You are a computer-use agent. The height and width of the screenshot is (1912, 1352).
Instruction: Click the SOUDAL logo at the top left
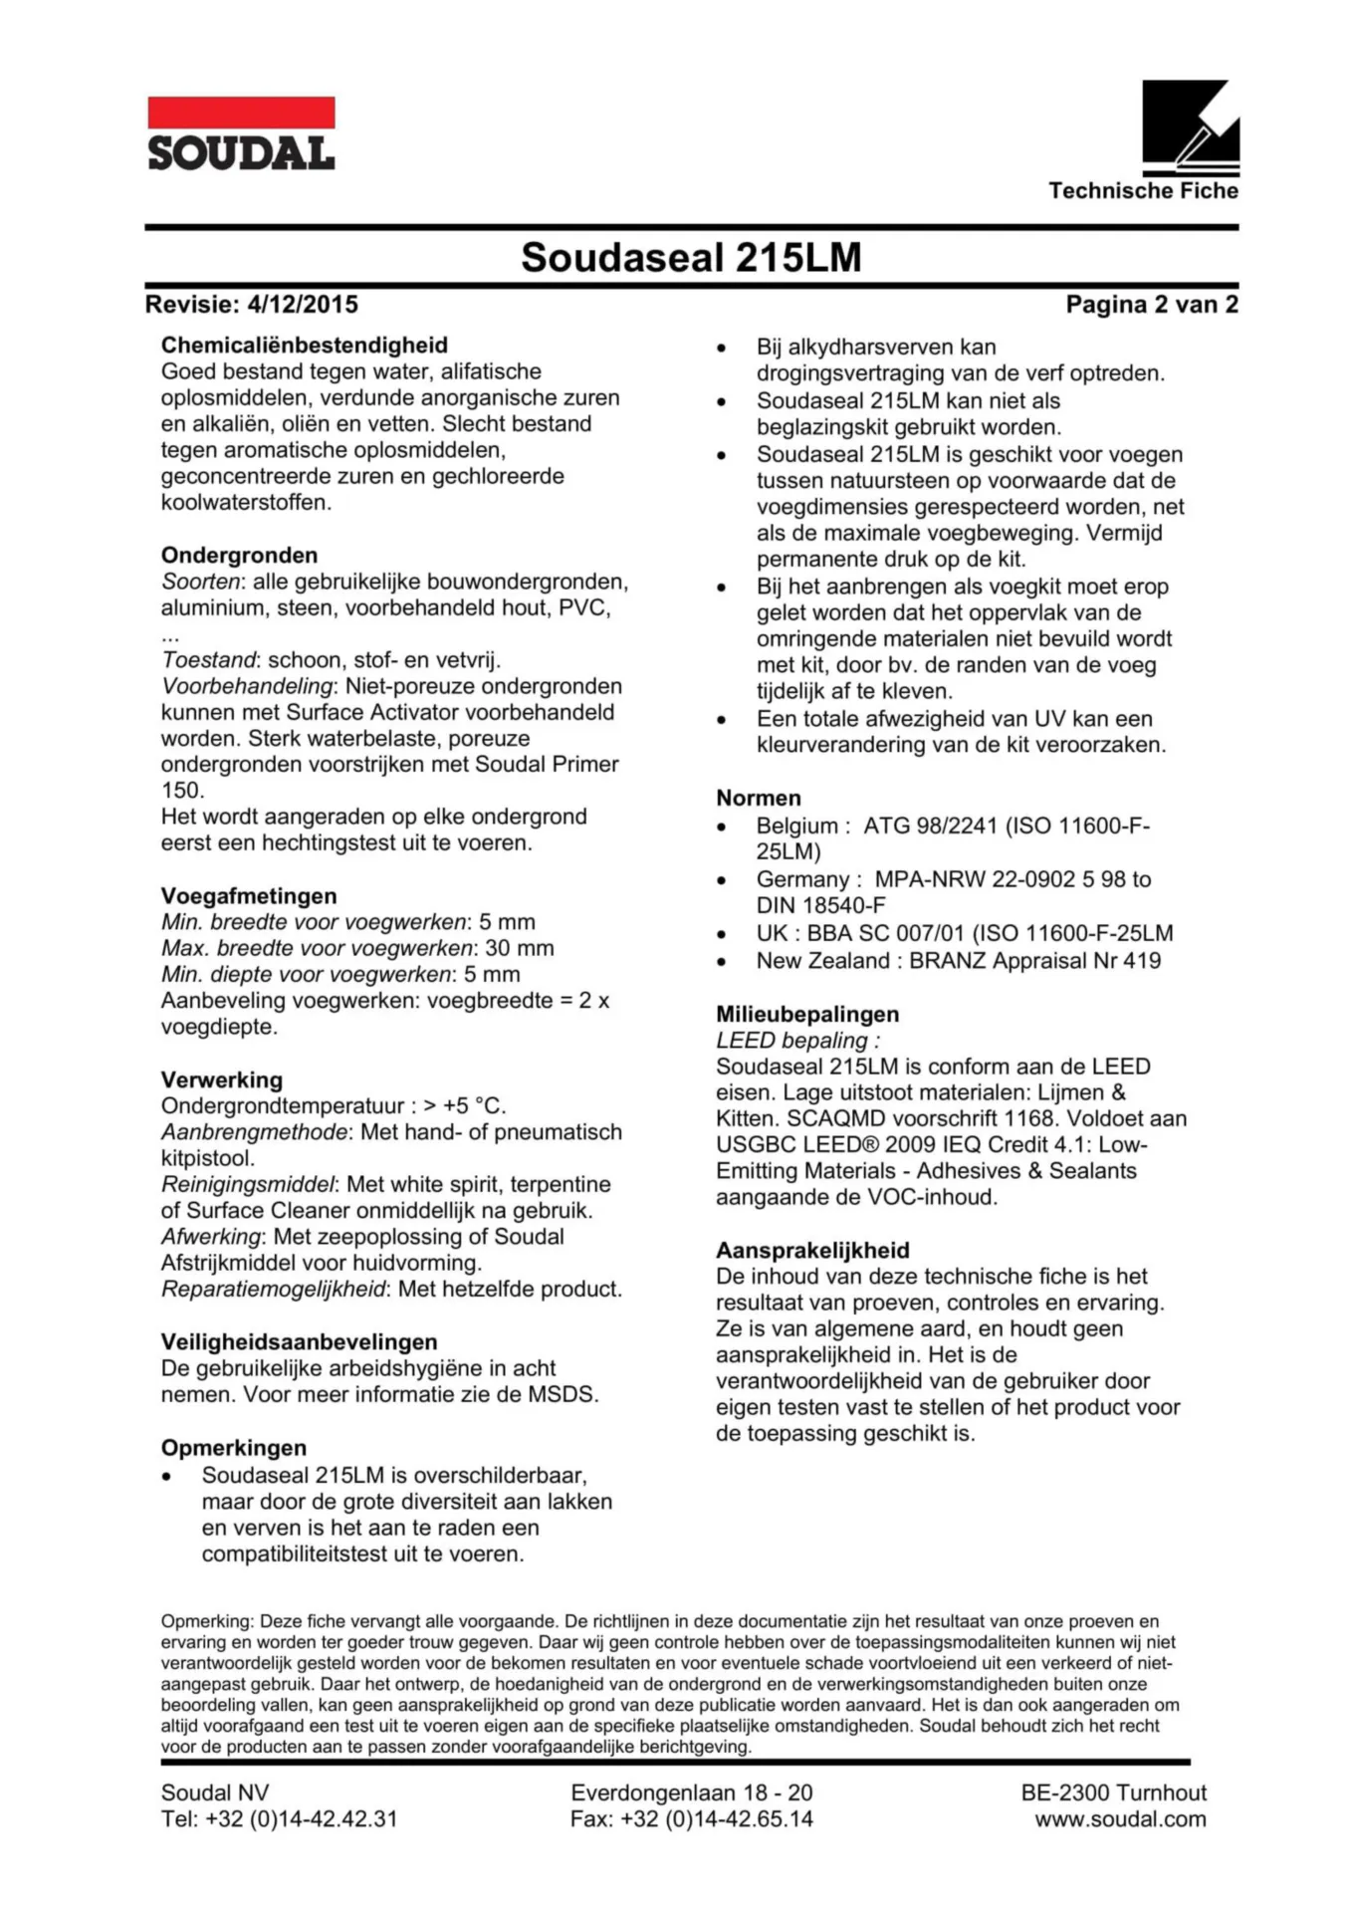241,133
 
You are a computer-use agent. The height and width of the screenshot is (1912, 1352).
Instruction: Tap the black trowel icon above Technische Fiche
1190,126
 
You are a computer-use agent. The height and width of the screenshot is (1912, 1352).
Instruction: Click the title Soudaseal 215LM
691,257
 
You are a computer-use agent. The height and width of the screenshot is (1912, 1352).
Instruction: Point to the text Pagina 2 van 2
1151,305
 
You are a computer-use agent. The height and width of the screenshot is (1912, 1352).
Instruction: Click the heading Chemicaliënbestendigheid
304,346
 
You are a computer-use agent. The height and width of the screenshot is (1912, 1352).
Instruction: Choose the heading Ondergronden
239,556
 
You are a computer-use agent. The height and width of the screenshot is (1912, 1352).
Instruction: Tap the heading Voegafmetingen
249,896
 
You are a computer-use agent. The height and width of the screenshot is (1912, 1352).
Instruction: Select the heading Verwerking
222,1080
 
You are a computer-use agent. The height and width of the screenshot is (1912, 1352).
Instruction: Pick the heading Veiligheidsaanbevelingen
299,1342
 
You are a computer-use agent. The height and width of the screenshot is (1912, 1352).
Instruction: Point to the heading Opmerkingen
234,1448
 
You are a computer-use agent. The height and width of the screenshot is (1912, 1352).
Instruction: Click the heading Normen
758,798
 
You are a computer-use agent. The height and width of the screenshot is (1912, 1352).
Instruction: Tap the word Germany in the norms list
802,879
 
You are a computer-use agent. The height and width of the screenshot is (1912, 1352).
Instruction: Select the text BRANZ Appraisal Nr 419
1034,961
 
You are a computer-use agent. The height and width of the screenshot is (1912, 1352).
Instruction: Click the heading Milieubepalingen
807,1015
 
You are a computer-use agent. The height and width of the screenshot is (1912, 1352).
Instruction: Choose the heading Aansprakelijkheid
812,1251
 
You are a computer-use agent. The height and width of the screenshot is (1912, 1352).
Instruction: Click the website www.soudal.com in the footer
1120,1819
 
